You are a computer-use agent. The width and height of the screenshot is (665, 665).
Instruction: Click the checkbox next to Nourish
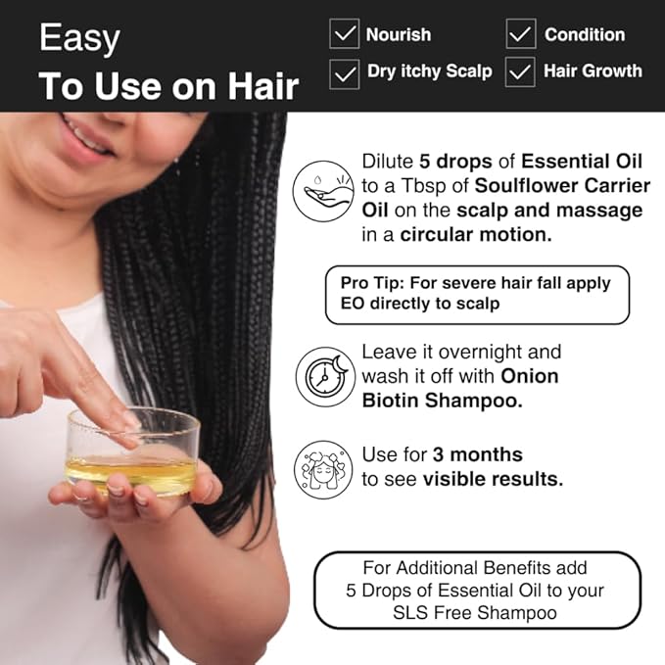(345, 34)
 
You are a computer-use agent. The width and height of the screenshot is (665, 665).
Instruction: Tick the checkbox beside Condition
(521, 34)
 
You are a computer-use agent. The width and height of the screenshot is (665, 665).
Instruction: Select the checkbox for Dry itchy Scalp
(345, 71)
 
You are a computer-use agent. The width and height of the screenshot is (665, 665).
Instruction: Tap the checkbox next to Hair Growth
(521, 71)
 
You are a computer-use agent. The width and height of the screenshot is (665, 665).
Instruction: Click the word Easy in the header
(79, 39)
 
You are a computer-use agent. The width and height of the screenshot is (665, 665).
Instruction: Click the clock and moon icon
(325, 376)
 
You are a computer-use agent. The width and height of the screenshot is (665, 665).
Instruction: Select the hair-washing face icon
(324, 468)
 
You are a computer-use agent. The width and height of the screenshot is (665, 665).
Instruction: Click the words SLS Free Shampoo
(477, 612)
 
